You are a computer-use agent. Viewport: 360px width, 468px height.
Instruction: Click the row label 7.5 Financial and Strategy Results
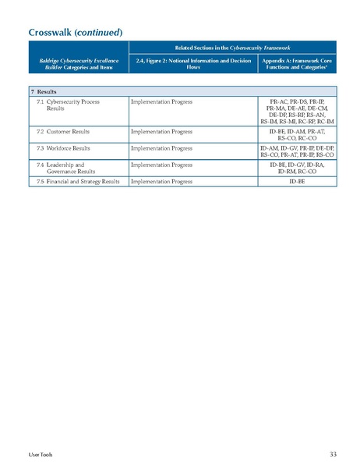[x=78, y=181]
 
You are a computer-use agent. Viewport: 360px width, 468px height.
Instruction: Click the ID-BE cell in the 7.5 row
[x=297, y=181]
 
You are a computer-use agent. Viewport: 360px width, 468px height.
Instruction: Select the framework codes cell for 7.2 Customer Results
[x=297, y=136]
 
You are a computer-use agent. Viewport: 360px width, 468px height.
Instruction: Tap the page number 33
[x=333, y=454]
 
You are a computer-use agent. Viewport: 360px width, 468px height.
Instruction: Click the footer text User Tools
[x=41, y=454]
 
